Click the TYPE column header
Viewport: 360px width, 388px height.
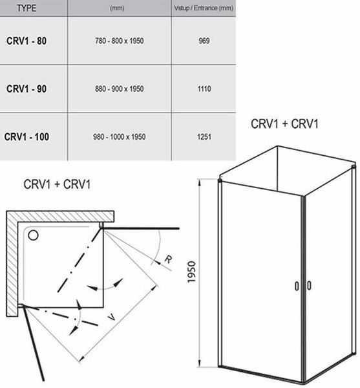point(26,8)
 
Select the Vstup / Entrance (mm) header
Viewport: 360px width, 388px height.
point(204,8)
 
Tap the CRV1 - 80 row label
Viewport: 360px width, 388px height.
point(26,41)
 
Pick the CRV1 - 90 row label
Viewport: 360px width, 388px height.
point(26,89)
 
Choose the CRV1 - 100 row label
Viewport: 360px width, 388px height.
point(26,137)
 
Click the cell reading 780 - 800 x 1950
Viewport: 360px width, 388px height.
point(120,41)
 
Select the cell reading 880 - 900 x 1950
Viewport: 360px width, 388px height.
point(120,89)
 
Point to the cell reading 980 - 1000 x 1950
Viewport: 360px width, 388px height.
point(119,136)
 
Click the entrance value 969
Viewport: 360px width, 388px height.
point(204,41)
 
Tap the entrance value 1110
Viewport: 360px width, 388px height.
point(204,89)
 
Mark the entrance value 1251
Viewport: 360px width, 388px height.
point(204,136)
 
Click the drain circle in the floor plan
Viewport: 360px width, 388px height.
point(33,235)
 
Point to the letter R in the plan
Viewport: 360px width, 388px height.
point(168,259)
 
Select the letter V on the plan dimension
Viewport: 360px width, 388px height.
point(112,317)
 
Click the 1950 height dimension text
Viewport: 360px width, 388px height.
point(191,272)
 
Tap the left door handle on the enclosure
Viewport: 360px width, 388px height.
point(297,286)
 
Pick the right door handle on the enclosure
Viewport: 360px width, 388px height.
point(309,286)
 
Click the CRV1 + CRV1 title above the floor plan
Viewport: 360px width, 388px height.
point(57,184)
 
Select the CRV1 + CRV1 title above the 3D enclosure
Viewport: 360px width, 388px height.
point(284,124)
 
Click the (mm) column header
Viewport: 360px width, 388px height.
point(117,8)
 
